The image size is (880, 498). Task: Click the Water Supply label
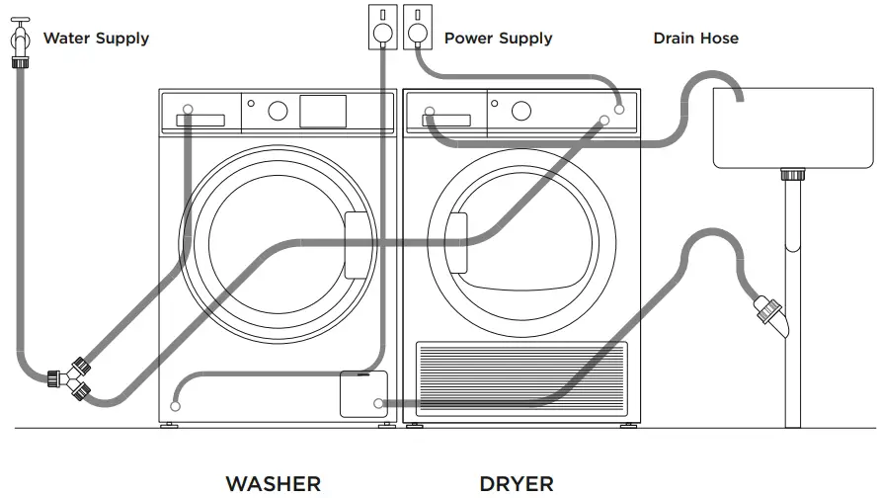[96, 39]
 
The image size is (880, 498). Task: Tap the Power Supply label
[498, 39]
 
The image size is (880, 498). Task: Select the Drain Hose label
[695, 39]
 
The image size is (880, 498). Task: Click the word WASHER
[274, 483]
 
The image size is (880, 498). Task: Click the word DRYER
[516, 483]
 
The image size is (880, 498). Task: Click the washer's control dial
[278, 112]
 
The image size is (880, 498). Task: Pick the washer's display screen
[323, 112]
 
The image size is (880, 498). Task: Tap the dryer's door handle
[455, 243]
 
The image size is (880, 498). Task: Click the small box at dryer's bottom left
[363, 394]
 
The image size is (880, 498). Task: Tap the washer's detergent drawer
[200, 120]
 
